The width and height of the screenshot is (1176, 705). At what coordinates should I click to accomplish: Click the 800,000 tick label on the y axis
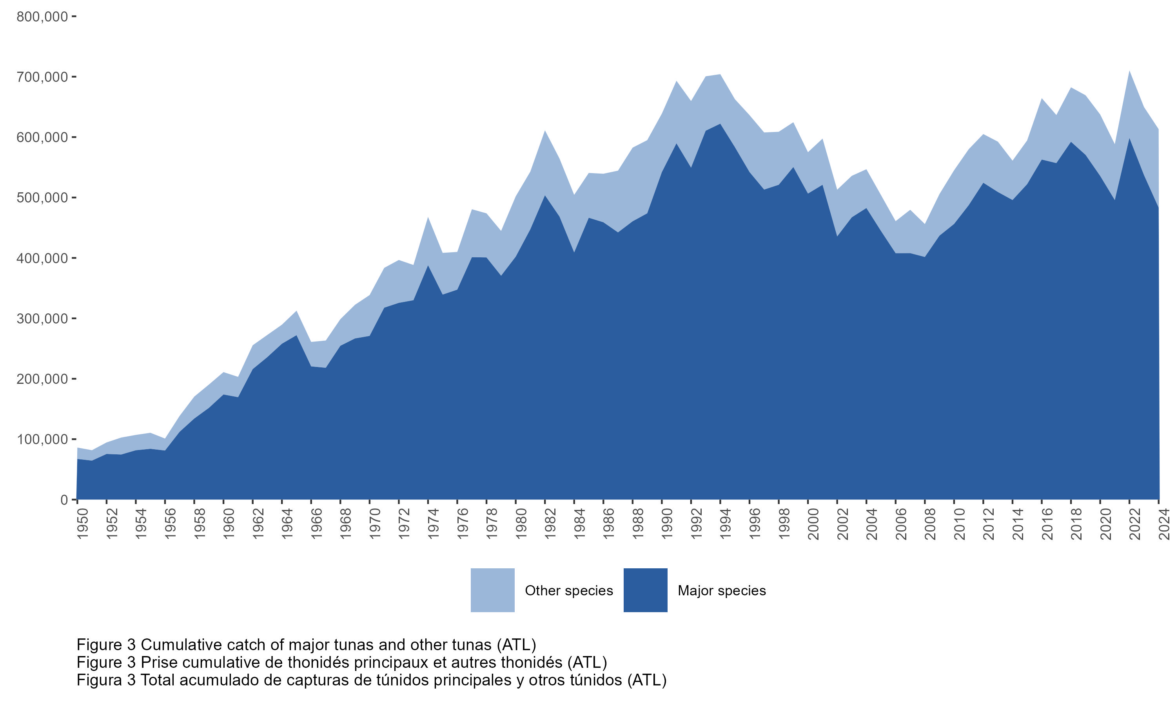[x=42, y=17]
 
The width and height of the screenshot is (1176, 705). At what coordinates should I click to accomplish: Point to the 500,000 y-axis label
[x=42, y=198]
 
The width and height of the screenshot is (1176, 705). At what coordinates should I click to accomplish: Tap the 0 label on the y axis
[x=64, y=500]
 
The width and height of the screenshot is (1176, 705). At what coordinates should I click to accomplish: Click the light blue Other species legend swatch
[x=492, y=590]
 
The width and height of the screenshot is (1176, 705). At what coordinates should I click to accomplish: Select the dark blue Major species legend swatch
[x=645, y=590]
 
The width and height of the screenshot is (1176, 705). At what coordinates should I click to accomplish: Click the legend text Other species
[x=568, y=591]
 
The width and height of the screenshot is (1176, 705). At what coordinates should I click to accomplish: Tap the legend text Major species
[x=722, y=591]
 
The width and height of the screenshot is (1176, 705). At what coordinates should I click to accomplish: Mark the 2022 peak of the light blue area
[x=1129, y=71]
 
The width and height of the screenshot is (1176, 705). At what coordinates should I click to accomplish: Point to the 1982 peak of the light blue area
[x=545, y=131]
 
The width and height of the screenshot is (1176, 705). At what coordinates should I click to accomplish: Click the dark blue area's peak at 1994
[x=720, y=125]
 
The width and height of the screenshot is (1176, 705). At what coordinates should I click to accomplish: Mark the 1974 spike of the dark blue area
[x=428, y=266]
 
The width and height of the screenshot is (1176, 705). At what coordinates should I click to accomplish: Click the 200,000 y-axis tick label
[x=42, y=379]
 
